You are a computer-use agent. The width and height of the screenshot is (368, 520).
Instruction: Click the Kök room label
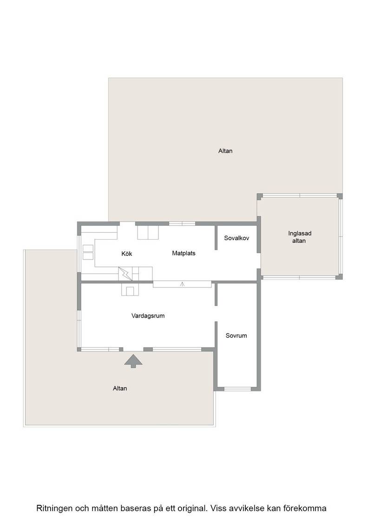pyautogui.click(x=127, y=253)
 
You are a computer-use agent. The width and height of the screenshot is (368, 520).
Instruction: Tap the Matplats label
pyautogui.click(x=184, y=253)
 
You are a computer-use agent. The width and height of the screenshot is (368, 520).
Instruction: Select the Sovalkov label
pyautogui.click(x=236, y=238)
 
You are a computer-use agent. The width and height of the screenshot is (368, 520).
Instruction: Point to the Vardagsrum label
pyautogui.click(x=148, y=316)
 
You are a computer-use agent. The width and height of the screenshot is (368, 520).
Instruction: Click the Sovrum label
pyautogui.click(x=236, y=336)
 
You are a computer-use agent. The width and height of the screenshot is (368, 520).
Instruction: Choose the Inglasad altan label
pyautogui.click(x=299, y=237)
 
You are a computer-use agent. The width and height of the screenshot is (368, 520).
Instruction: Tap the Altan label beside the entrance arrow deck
pyautogui.click(x=120, y=388)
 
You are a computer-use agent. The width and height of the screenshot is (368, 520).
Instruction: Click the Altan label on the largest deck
pyautogui.click(x=225, y=151)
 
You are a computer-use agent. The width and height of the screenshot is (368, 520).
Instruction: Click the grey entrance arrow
pyautogui.click(x=133, y=361)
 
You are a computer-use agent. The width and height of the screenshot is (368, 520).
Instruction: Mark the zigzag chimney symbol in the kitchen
pyautogui.click(x=125, y=273)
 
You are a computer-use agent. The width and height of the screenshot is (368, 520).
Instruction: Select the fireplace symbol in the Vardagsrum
pyautogui.click(x=130, y=290)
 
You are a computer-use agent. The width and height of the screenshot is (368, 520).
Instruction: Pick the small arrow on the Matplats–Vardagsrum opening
pyautogui.click(x=182, y=284)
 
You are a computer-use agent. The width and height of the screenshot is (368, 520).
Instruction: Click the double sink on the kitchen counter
pyautogui.click(x=88, y=252)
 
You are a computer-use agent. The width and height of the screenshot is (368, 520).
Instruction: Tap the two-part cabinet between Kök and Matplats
pyautogui.click(x=148, y=232)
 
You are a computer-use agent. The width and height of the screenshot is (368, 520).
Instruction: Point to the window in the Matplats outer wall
pyautogui.click(x=182, y=223)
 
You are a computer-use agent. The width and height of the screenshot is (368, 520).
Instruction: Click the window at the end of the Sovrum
pyautogui.click(x=237, y=389)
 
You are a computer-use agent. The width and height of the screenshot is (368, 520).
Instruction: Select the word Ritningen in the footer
pyautogui.click(x=54, y=508)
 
